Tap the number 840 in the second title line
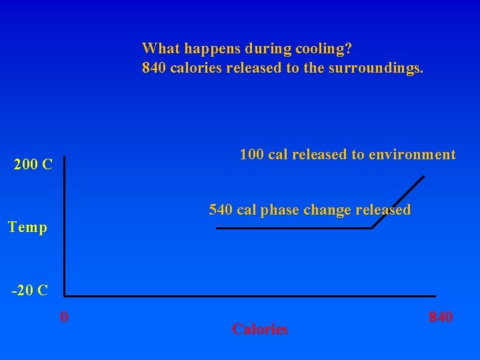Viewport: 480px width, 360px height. [155, 68]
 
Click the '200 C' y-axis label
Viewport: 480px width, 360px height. [33, 165]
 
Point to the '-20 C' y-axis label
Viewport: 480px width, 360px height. [30, 290]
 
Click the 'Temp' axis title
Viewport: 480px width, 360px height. [27, 227]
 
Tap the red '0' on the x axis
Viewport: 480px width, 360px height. [63, 317]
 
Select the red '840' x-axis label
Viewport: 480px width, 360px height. [440, 317]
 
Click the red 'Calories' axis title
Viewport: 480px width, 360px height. [260, 329]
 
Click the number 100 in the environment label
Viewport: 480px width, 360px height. [252, 155]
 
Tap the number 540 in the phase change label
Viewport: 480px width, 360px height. [221, 210]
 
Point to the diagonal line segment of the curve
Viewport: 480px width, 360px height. [399, 201]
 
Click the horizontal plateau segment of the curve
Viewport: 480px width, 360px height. [293, 229]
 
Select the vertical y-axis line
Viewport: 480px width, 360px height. [65, 227]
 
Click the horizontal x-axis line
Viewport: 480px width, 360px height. [250, 296]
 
